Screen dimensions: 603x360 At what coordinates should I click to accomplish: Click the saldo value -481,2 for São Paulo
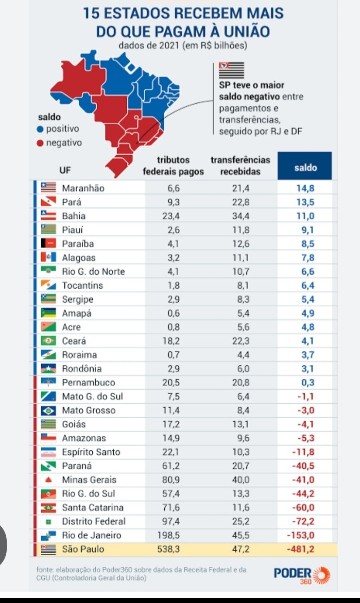point(305,549)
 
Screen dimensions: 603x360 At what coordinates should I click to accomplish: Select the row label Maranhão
point(85,188)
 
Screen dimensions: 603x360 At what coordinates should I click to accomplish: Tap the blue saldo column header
point(305,167)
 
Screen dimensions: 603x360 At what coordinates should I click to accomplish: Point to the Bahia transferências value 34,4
point(240,215)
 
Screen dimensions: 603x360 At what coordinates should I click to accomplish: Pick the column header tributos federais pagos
point(173,167)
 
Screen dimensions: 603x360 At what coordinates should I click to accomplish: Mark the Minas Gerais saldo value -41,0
point(305,479)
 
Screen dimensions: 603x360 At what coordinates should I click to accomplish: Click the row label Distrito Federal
point(98,521)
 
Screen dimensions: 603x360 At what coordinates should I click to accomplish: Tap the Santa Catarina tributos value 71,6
point(173,507)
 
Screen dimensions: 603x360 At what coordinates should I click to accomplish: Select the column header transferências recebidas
point(240,167)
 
